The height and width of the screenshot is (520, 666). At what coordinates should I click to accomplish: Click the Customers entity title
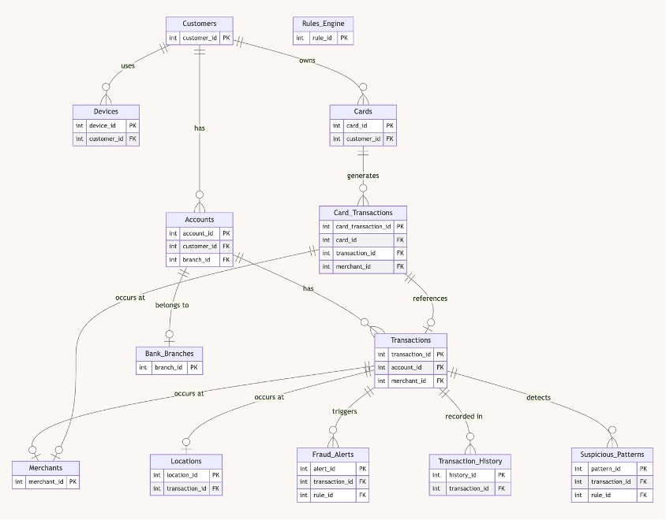[199, 24]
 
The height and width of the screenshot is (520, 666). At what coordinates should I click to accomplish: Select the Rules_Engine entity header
[322, 24]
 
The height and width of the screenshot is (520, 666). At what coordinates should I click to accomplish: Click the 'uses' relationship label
[127, 65]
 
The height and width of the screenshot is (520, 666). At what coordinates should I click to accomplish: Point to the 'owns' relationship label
[307, 60]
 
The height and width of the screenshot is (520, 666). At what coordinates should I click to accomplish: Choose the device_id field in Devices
[103, 125]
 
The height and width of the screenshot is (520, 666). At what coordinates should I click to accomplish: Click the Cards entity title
[363, 111]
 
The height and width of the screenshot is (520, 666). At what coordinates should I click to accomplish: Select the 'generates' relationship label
[363, 176]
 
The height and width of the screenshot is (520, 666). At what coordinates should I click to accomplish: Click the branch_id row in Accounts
[196, 259]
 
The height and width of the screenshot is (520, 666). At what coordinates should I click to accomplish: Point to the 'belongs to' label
[172, 305]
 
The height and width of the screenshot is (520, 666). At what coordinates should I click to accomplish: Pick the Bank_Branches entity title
[169, 353]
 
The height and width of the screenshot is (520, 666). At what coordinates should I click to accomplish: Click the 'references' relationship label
[430, 299]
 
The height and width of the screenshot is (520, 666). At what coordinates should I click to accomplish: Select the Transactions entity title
[411, 340]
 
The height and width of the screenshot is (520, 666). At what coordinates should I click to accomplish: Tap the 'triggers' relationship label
[344, 411]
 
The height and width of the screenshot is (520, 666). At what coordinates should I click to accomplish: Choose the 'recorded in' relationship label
[464, 415]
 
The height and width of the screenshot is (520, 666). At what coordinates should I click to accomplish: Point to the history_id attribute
[462, 475]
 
